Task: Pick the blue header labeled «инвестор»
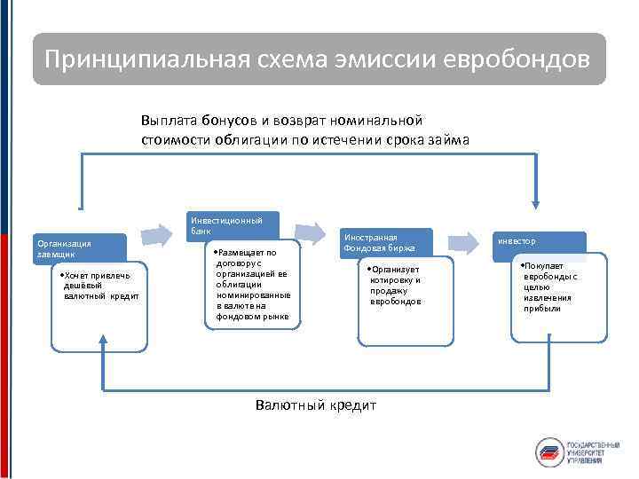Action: pyautogui.click(x=539, y=242)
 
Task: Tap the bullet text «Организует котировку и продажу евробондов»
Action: pyautogui.click(x=397, y=285)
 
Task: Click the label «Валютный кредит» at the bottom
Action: pyautogui.click(x=316, y=405)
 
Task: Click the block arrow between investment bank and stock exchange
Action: pyautogui.click(x=310, y=232)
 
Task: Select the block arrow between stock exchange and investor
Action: pyautogui.click(x=464, y=242)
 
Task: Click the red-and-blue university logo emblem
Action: pyautogui.click(x=549, y=451)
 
